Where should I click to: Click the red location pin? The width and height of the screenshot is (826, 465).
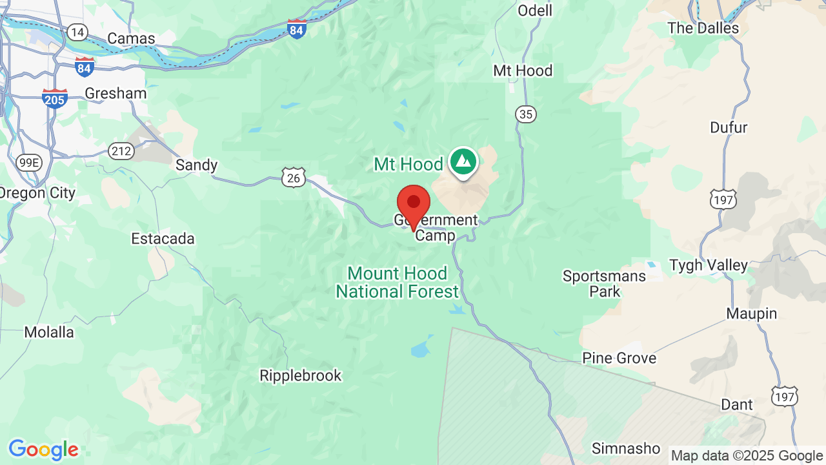pyautogui.click(x=414, y=204)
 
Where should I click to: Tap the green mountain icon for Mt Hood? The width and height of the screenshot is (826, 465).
pyautogui.click(x=463, y=161)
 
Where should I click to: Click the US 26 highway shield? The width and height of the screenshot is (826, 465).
pyautogui.click(x=294, y=177)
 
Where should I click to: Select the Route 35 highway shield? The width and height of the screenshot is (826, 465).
pyautogui.click(x=526, y=114)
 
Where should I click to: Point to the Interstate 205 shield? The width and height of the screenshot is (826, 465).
pyautogui.click(x=55, y=99)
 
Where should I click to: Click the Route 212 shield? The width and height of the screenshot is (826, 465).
pyautogui.click(x=121, y=151)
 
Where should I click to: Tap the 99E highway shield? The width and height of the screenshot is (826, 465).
pyautogui.click(x=29, y=162)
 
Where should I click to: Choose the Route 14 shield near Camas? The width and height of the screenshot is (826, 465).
pyautogui.click(x=78, y=32)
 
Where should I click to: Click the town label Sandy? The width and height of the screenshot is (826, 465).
pyautogui.click(x=197, y=165)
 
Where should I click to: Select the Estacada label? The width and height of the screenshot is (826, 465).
pyautogui.click(x=163, y=238)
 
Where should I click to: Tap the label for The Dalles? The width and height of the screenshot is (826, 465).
pyautogui.click(x=703, y=28)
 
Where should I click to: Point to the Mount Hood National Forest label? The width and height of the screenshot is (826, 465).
pyautogui.click(x=397, y=282)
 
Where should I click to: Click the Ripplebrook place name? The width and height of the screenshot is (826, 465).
pyautogui.click(x=300, y=375)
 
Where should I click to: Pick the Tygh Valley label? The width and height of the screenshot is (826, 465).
pyautogui.click(x=709, y=265)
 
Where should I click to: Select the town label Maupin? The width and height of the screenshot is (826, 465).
pyautogui.click(x=752, y=313)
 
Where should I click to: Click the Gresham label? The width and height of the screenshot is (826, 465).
pyautogui.click(x=116, y=93)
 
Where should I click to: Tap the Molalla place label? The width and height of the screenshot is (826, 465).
pyautogui.click(x=49, y=332)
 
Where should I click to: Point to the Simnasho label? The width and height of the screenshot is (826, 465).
pyautogui.click(x=625, y=448)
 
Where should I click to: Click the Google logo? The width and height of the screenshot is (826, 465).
pyautogui.click(x=43, y=449)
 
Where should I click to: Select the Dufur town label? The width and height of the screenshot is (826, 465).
pyautogui.click(x=729, y=127)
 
